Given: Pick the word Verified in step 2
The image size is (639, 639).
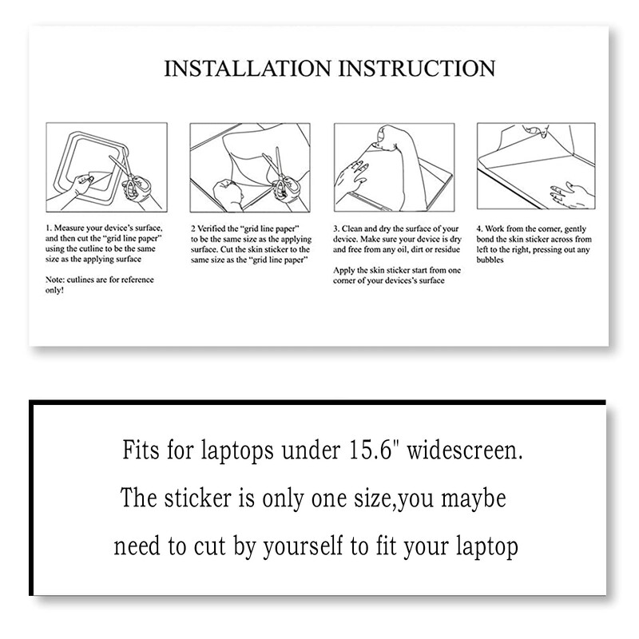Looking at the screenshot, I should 211,229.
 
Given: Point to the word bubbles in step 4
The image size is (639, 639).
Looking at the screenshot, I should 490,260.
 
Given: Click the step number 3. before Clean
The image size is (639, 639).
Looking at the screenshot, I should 337,229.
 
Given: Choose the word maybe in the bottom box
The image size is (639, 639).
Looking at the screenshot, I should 470,500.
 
